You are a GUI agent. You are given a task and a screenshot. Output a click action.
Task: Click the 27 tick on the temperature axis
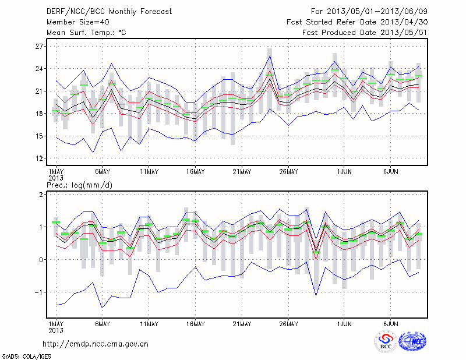tap(40, 47)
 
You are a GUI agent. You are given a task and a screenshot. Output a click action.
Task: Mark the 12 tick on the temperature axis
tap(40, 158)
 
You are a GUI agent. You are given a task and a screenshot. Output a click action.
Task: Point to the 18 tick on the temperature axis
tap(40, 114)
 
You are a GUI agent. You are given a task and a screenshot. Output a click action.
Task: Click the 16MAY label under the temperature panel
tap(196, 172)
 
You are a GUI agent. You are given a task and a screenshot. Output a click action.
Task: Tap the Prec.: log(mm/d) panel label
tap(80, 185)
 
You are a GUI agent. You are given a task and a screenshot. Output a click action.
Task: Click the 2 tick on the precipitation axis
tap(43, 195)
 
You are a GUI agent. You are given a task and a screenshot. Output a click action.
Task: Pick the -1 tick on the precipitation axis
tap(40, 292)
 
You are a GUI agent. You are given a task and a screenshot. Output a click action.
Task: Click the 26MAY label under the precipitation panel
tap(288, 323)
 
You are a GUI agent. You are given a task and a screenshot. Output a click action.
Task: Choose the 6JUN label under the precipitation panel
tap(391, 323)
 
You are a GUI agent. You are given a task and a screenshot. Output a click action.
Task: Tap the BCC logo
tap(386, 341)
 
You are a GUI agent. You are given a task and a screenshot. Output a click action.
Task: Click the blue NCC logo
tap(412, 341)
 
